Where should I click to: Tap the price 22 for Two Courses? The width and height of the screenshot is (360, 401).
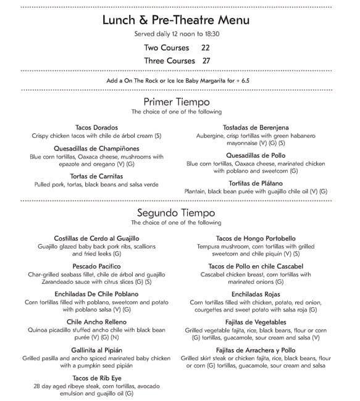[206, 47]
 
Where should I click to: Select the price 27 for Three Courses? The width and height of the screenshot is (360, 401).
[206, 60]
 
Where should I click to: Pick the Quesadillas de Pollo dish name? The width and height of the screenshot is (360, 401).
[256, 155]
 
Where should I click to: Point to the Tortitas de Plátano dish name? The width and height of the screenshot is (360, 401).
[256, 183]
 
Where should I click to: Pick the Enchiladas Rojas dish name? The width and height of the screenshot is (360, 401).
[256, 294]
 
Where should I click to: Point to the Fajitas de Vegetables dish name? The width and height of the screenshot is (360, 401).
[256, 322]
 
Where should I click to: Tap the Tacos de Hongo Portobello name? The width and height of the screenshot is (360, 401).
[256, 238]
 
